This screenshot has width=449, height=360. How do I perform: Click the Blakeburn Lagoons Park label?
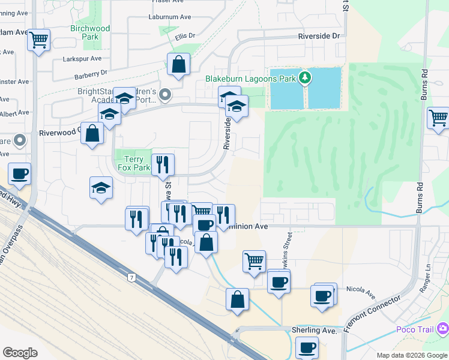(x=251, y=79)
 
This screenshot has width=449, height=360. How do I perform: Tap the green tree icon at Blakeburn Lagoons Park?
(x=306, y=77)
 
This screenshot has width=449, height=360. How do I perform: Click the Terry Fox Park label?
(x=133, y=164)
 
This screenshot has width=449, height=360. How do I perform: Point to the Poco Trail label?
(x=417, y=329)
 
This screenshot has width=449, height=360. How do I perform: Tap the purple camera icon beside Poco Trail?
(x=444, y=328)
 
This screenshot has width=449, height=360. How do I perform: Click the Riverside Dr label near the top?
(x=319, y=36)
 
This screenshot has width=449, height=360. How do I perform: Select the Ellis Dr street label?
(x=185, y=36)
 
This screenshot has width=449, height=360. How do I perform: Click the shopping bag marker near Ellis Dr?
(x=179, y=64)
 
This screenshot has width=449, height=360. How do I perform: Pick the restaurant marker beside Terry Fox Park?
(x=163, y=164)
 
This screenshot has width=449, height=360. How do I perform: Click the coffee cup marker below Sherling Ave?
(x=307, y=347)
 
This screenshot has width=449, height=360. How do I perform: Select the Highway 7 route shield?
(x=130, y=277)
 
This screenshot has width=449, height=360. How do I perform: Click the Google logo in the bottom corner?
(x=20, y=353)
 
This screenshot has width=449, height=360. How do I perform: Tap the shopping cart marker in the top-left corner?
(x=39, y=40)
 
